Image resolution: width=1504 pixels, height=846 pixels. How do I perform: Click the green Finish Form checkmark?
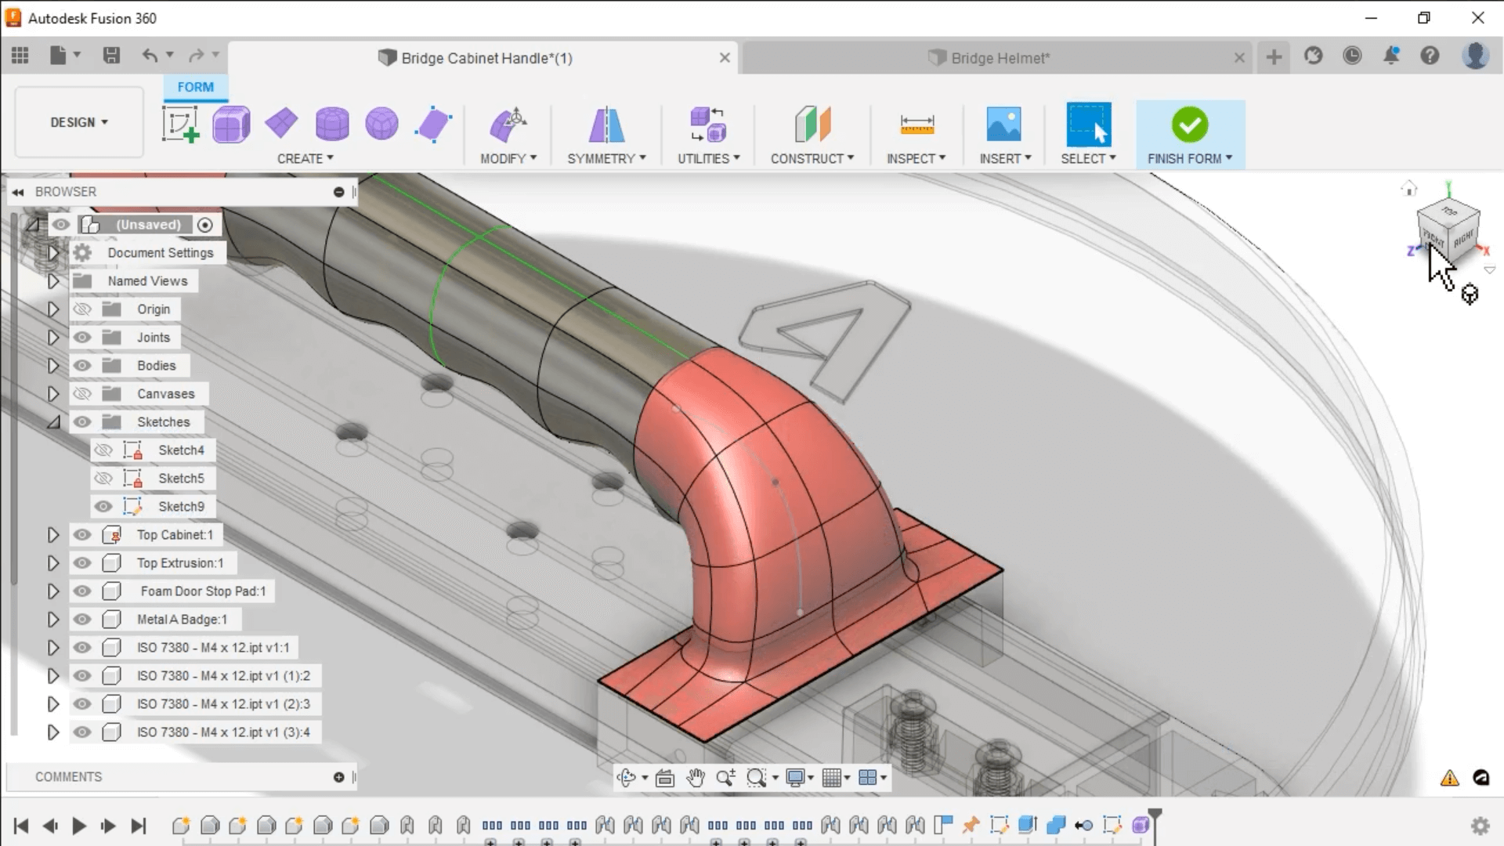pos(1189,125)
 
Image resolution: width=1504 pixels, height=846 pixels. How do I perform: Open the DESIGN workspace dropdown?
pos(79,122)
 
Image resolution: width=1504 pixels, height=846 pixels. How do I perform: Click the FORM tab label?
pos(195,87)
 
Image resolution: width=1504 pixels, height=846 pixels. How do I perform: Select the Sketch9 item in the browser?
pos(181,507)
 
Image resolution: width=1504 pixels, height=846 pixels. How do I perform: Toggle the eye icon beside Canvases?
pos(82,394)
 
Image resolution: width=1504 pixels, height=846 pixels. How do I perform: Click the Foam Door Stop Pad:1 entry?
pos(202,591)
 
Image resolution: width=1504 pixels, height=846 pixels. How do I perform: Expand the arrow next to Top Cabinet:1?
pos(52,535)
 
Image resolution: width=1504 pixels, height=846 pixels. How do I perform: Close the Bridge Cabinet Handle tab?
pos(725,58)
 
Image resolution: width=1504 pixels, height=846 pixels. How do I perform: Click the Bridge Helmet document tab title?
pos(1000,58)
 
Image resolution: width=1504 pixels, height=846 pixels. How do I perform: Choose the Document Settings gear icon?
pos(82,253)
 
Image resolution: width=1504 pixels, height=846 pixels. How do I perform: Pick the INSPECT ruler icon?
pos(916,124)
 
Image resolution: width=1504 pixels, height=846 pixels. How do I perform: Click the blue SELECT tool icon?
pos(1088,125)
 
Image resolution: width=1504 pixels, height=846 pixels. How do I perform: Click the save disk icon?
pos(111,56)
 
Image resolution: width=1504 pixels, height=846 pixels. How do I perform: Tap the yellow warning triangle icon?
pos(1449,778)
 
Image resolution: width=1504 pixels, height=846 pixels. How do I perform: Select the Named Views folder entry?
pos(147,281)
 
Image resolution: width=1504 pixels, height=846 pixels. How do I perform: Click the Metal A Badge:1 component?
pos(182,620)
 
